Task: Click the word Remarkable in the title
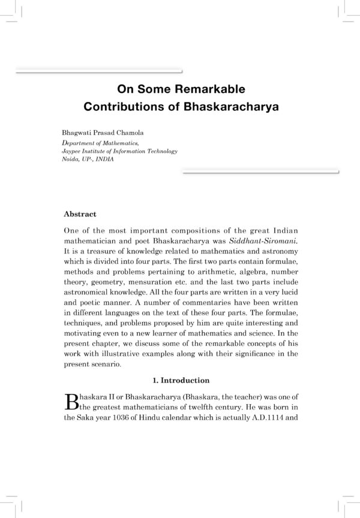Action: [x=210, y=91]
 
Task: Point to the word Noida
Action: [x=71, y=160]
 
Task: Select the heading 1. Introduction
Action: [x=180, y=380]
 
